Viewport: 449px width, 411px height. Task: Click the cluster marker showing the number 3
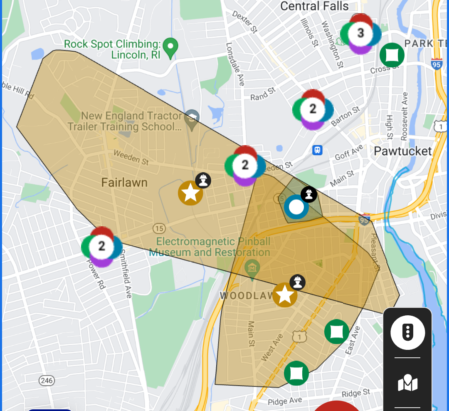360,33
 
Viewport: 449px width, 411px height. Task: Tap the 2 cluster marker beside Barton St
313,109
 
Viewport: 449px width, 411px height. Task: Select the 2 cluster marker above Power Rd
101,246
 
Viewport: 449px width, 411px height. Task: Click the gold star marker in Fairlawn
190,193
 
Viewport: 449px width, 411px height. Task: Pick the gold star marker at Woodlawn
285,295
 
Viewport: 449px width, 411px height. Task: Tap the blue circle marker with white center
296,207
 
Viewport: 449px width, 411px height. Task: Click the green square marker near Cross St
392,54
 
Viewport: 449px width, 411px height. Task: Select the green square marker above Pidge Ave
296,373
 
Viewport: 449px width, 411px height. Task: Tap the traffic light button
407,332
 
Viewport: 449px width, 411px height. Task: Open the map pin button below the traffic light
407,383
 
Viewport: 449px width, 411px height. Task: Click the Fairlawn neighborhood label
124,182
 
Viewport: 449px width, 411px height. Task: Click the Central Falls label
314,6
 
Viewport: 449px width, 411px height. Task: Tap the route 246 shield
46,380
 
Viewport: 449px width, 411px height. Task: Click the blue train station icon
317,150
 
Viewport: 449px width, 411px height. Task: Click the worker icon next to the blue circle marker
309,194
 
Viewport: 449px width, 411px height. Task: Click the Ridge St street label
355,393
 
